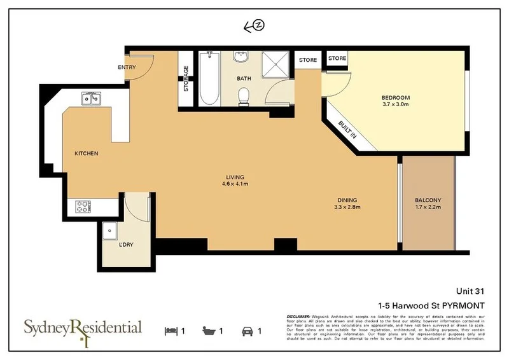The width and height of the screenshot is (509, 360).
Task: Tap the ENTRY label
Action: tap(127, 67)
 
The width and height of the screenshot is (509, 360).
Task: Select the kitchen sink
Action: tap(90, 99)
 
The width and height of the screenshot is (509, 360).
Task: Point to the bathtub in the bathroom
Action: tap(208, 80)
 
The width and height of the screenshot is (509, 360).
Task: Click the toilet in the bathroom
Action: tap(242, 97)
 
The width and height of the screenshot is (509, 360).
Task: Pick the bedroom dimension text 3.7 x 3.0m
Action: tap(396, 104)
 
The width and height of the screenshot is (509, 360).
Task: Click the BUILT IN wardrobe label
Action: tap(347, 130)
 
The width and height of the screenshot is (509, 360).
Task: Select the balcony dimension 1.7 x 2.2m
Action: tap(428, 207)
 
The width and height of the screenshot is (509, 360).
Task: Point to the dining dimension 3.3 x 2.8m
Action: tap(347, 207)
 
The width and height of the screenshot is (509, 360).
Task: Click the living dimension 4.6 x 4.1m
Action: tap(235, 184)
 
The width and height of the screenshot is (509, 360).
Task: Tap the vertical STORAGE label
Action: tap(186, 79)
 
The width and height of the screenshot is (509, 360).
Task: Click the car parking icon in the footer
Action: tap(246, 331)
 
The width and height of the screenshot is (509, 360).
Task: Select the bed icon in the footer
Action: tap(171, 331)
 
